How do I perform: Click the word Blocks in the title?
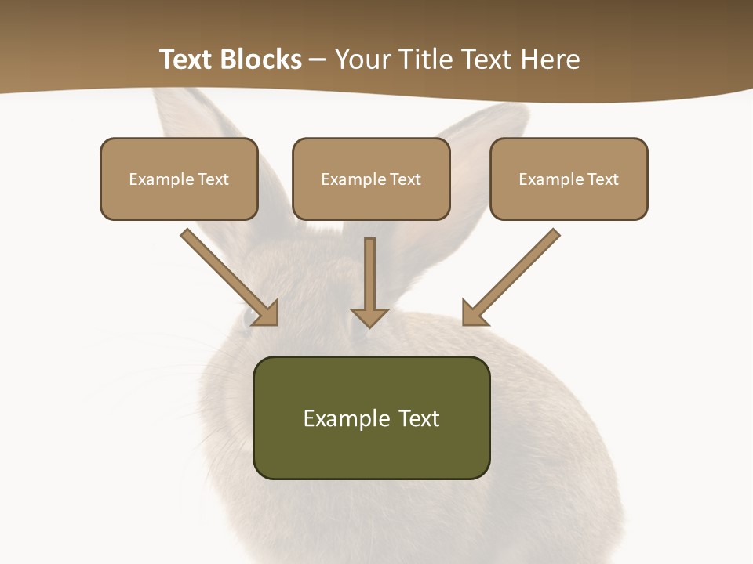pyautogui.click(x=264, y=60)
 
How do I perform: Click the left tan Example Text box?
pyautogui.click(x=179, y=179)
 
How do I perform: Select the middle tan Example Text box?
pyautogui.click(x=371, y=179)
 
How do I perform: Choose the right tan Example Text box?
pyautogui.click(x=569, y=179)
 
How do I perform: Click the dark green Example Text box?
pyautogui.click(x=371, y=418)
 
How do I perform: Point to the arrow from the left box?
pyautogui.click(x=227, y=276)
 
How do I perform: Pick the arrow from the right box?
pyautogui.click(x=513, y=276)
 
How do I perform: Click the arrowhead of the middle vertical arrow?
pyautogui.click(x=369, y=316)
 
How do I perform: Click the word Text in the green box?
pyautogui.click(x=420, y=418)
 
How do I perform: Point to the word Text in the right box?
pyautogui.click(x=603, y=179)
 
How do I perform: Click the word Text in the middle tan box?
pyautogui.click(x=406, y=179)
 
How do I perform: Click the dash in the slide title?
pyautogui.click(x=318, y=60)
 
